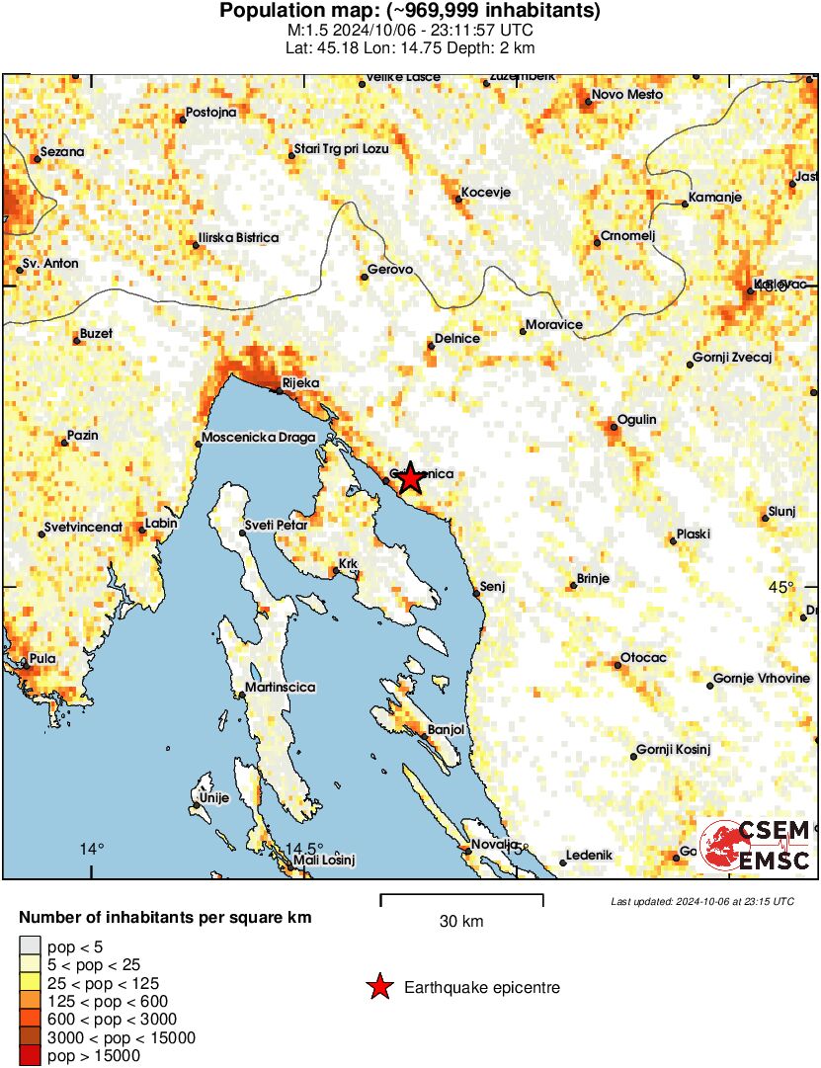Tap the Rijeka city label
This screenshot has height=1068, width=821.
301,383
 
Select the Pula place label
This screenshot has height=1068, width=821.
42,659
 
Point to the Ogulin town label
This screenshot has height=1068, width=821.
636,420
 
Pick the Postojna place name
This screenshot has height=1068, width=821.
211,113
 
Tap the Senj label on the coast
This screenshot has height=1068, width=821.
492,588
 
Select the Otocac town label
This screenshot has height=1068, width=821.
643,658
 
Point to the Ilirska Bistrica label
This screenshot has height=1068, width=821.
238,238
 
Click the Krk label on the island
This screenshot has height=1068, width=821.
348,564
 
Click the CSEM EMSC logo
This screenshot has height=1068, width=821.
756,845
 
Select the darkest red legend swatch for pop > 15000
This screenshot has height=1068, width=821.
31,1056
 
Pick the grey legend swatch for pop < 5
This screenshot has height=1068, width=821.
31,946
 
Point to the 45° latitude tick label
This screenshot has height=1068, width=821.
780,588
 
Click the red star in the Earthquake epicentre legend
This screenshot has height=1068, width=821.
378,987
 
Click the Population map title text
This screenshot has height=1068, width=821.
410,12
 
